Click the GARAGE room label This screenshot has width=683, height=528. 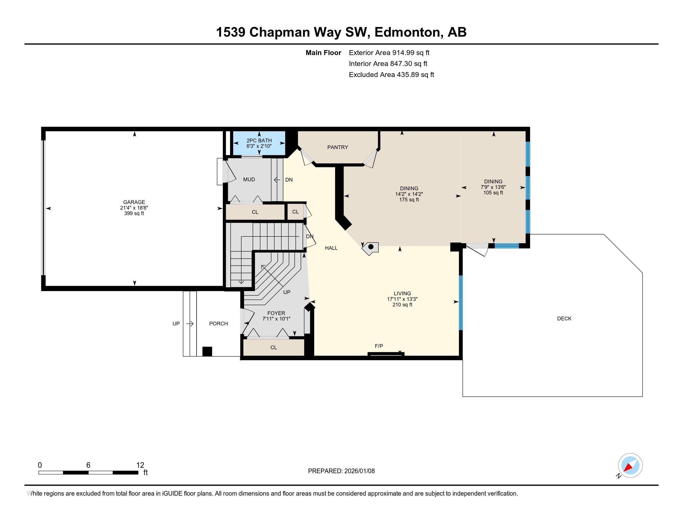(x=134, y=202)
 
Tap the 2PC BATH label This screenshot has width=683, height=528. (x=259, y=140)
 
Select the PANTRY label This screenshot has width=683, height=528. (x=337, y=147)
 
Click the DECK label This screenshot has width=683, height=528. (x=564, y=318)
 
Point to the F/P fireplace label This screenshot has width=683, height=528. (x=379, y=346)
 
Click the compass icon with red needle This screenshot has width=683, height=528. (x=630, y=466)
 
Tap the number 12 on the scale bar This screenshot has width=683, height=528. (x=140, y=465)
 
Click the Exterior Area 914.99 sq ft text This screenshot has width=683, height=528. (x=389, y=52)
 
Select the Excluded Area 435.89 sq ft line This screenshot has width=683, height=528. (x=391, y=75)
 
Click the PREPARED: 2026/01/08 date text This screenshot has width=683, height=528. (x=341, y=471)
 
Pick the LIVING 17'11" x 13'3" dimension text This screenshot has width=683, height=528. (x=402, y=299)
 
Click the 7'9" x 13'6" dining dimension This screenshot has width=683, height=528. (x=493, y=187)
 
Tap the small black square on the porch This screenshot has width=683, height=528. (x=207, y=351)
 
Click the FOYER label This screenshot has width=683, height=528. (x=276, y=313)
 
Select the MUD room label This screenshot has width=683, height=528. (x=249, y=179)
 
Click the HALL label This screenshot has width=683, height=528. (x=331, y=248)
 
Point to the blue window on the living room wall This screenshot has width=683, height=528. (x=460, y=303)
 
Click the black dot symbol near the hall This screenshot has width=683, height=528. (x=371, y=247)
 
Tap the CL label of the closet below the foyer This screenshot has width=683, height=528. (x=274, y=348)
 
